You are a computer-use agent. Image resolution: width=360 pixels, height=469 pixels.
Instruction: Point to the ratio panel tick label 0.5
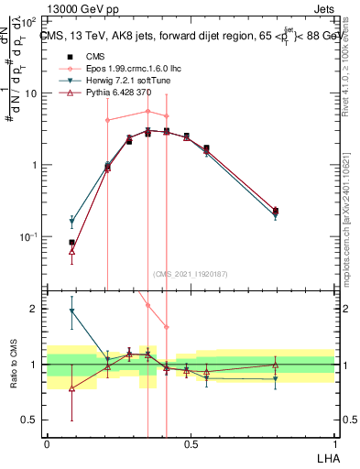[x=31, y=420]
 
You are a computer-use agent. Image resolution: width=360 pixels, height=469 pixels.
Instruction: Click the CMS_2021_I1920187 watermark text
[x=191, y=274]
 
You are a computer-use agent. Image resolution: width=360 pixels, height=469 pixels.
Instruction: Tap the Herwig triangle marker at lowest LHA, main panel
[x=71, y=222]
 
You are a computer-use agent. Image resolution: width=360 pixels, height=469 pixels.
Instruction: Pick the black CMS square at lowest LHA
[x=71, y=243]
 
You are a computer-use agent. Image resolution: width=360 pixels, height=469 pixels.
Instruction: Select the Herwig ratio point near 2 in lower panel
[x=71, y=311]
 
